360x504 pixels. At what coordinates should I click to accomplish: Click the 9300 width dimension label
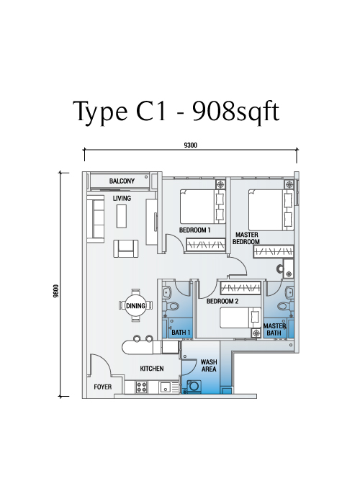point(190,145)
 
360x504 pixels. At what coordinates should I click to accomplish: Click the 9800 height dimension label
point(56,291)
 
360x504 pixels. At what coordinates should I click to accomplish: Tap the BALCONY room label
point(122,181)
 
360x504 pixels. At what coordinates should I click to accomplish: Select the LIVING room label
point(122,198)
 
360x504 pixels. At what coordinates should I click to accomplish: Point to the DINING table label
point(135,306)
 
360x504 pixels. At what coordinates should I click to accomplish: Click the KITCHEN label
point(152,369)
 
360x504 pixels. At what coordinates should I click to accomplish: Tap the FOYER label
point(103,387)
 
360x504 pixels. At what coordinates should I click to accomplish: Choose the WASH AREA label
point(209,366)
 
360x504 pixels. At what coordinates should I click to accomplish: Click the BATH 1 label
point(181,332)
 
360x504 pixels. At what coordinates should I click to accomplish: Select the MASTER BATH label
point(274,330)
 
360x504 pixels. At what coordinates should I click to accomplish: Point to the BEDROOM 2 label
point(222,301)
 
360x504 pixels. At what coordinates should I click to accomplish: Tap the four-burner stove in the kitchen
point(141,387)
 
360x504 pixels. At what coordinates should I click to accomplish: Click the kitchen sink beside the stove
point(166,387)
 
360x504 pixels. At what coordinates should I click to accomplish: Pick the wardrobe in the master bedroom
point(273,252)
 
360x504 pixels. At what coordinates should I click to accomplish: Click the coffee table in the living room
point(122,216)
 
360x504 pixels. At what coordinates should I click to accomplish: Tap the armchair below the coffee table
point(126,248)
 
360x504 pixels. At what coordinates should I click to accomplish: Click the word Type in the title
point(100,112)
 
